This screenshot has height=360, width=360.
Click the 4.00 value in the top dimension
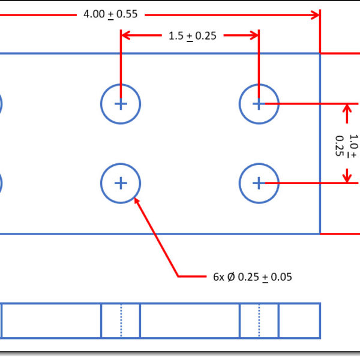(x=94, y=14)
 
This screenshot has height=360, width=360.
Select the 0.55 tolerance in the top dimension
(x=127, y=14)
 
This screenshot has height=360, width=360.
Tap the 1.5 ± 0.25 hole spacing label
(x=192, y=35)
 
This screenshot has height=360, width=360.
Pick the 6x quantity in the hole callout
(x=218, y=277)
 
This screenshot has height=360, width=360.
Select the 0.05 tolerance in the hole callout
(x=280, y=277)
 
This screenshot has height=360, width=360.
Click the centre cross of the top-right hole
(x=259, y=104)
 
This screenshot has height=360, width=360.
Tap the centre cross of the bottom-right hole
(x=259, y=183)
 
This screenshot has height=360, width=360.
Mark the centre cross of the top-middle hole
(x=121, y=104)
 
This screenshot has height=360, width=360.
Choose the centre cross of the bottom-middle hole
(x=121, y=183)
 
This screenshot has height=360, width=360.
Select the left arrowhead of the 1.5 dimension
(x=126, y=35)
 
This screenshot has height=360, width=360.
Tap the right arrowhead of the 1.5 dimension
(x=254, y=35)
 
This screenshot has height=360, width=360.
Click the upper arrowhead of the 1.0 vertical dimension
(x=347, y=109)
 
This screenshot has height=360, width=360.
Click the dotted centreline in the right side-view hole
(x=259, y=320)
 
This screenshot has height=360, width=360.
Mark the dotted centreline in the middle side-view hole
(x=121, y=320)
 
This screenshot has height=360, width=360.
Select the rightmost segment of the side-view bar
(x=299, y=320)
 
